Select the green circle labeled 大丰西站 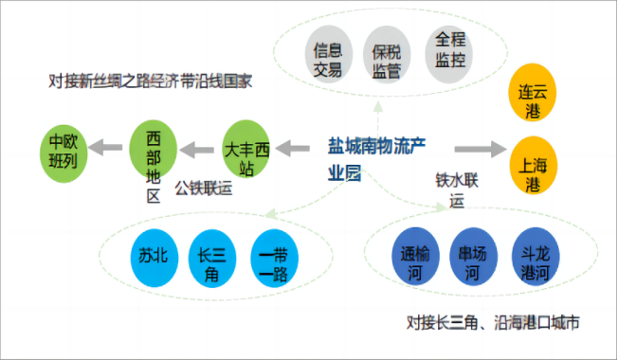click(246, 150)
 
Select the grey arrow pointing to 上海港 click(479, 149)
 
